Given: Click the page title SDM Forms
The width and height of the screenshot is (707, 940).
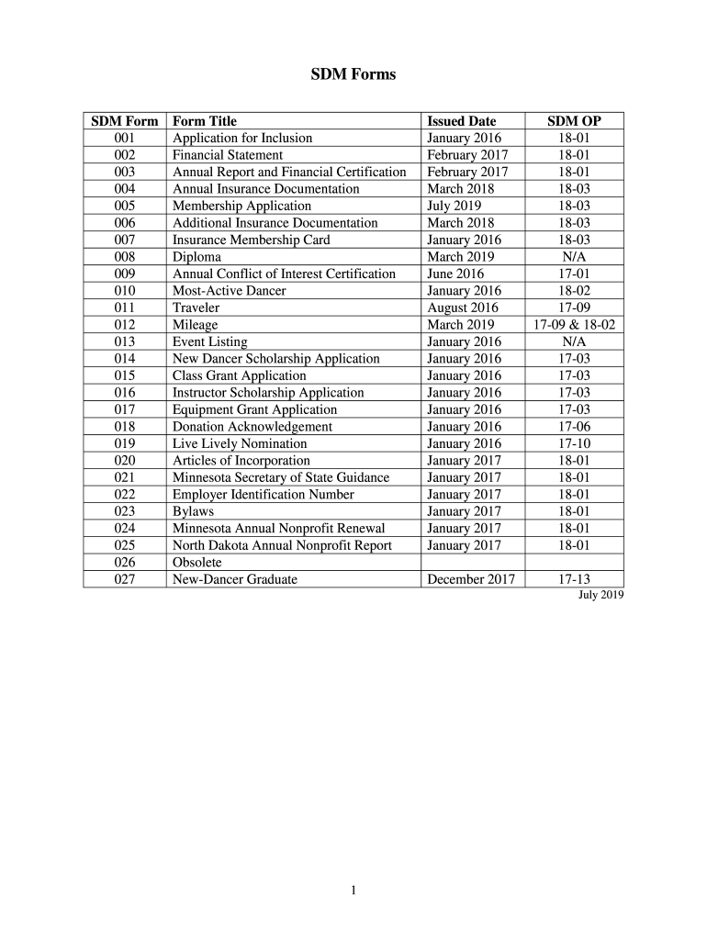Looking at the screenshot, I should pyautogui.click(x=353, y=74).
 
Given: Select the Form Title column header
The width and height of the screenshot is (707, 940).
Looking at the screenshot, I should pyautogui.click(x=205, y=121).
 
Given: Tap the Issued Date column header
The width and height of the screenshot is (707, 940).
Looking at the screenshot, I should pyautogui.click(x=462, y=121).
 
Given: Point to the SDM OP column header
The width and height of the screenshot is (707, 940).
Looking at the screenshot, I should pyautogui.click(x=574, y=121).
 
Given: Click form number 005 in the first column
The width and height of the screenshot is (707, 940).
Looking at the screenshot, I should pyautogui.click(x=125, y=206).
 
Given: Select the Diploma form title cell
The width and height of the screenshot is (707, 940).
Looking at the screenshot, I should pyautogui.click(x=196, y=257).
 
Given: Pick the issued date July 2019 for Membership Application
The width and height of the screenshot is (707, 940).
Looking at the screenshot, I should pyautogui.click(x=454, y=206).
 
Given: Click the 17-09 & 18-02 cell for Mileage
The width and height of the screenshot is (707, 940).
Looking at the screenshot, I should pyautogui.click(x=574, y=325).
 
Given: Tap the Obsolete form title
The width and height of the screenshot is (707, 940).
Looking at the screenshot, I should pyautogui.click(x=197, y=563).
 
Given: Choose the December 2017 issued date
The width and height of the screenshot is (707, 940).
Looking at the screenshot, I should pyautogui.click(x=471, y=579).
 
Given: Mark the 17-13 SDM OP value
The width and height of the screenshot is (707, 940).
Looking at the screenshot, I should pyautogui.click(x=574, y=579).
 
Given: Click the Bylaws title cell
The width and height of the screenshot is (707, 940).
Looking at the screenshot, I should pyautogui.click(x=193, y=511).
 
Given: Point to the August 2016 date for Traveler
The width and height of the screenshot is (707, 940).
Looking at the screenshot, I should pyautogui.click(x=463, y=308).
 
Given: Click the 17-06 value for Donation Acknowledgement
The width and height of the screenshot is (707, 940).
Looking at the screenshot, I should pyautogui.click(x=574, y=427).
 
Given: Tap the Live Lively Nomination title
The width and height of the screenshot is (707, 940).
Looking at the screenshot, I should pyautogui.click(x=240, y=443).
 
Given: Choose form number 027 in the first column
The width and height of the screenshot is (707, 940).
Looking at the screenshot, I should pyautogui.click(x=125, y=579).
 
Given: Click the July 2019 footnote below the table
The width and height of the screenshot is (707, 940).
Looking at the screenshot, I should pyautogui.click(x=600, y=596).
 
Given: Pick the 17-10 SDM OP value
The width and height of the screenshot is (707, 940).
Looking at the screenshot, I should pyautogui.click(x=574, y=443).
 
